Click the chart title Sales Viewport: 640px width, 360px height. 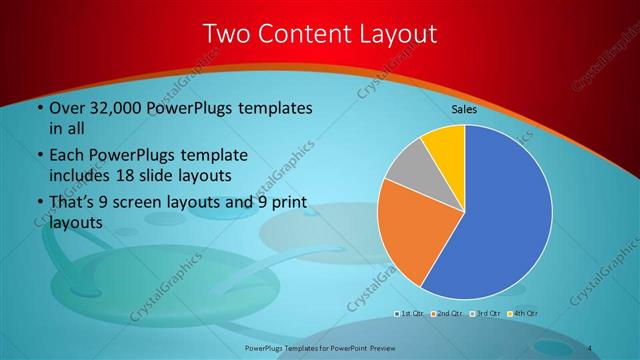tap(465, 108)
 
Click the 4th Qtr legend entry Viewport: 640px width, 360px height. tap(518, 314)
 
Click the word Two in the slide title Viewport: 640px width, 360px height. tap(226, 34)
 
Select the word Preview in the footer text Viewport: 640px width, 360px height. tap(377, 347)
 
